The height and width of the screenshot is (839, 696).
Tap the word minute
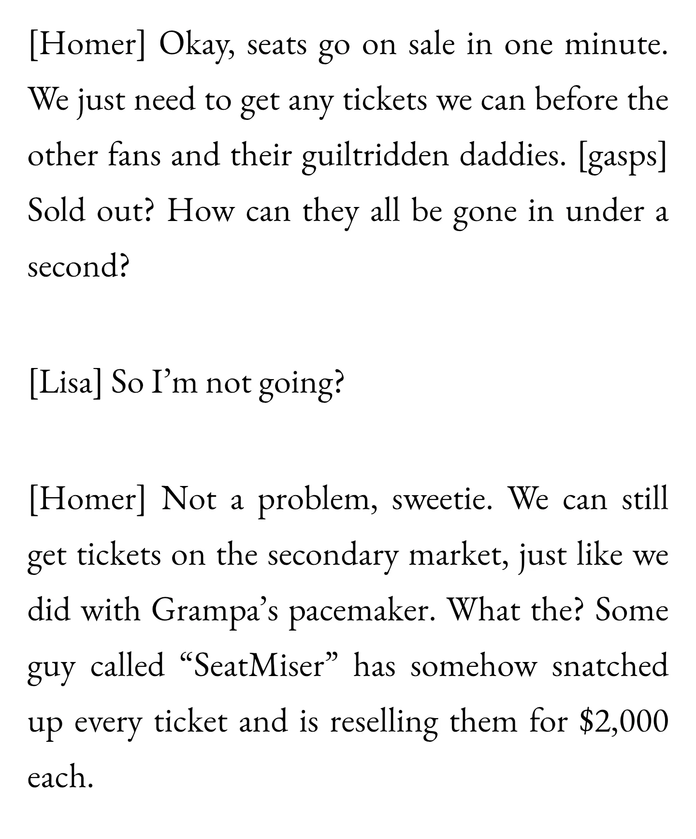617,45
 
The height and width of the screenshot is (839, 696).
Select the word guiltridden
375,157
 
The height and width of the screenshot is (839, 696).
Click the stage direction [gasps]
623,157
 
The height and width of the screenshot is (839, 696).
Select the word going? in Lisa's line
302,385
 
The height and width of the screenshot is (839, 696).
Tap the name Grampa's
215,612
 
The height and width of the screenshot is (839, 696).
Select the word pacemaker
360,612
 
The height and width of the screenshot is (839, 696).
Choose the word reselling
384,723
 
